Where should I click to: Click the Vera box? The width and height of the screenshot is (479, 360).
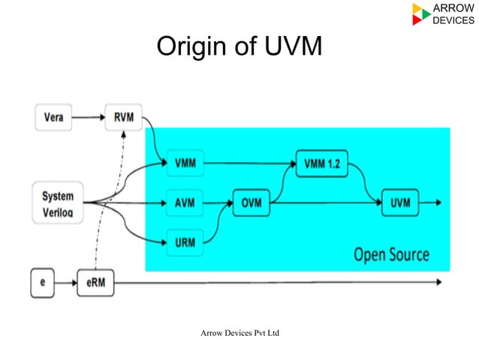(x=54, y=117)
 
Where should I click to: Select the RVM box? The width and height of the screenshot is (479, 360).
(x=123, y=117)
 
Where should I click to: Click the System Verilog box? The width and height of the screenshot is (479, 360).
(x=58, y=203)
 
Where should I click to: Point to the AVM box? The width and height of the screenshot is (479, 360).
(x=183, y=203)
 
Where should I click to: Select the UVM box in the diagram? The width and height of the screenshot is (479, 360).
(x=399, y=203)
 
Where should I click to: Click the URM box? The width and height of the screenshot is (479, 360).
(x=183, y=243)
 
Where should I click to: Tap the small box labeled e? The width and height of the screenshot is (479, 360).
(x=44, y=283)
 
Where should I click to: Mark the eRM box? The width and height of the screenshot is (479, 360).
(x=95, y=283)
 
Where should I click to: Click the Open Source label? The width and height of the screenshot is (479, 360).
(x=391, y=254)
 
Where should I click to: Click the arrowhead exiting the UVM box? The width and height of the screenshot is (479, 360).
(x=437, y=203)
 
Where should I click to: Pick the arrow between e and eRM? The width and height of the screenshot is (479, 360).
(x=67, y=283)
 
